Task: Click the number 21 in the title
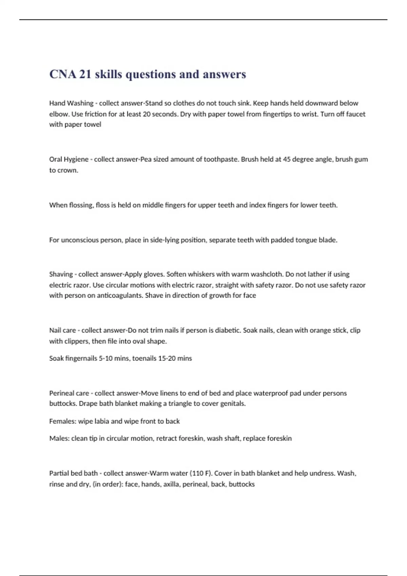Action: pyautogui.click(x=85, y=74)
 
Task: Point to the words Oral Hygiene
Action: pyautogui.click(x=69, y=159)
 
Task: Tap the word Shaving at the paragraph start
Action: pyautogui.click(x=61, y=274)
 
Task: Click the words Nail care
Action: pyautogui.click(x=62, y=330)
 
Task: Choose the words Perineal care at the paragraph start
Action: pyautogui.click(x=69, y=393)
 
